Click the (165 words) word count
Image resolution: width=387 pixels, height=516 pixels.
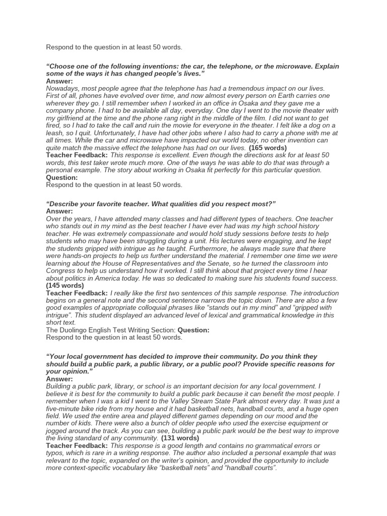coord(268,148)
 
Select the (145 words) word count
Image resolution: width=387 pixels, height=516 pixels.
coord(65,286)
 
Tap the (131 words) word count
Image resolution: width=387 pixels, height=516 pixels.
coord(180,438)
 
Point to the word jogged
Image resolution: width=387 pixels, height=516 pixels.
coord(57,431)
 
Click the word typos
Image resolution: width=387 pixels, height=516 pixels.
coord(55,453)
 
